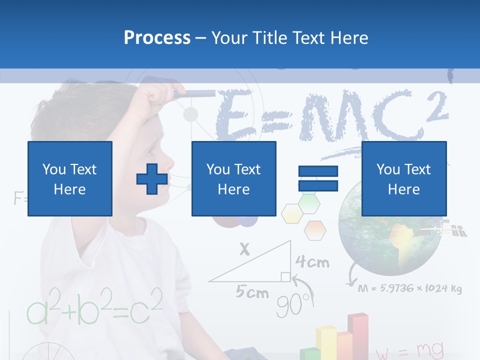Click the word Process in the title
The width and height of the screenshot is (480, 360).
point(157,37)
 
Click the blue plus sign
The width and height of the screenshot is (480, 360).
point(152,179)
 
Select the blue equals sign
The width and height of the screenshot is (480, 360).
point(318,178)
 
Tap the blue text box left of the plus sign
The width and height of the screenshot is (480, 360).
point(69,178)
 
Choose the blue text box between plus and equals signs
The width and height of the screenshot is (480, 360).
point(233,178)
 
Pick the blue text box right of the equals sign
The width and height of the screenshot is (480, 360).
point(403,178)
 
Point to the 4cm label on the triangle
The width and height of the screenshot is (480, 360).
point(312,261)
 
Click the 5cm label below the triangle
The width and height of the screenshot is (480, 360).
point(252,292)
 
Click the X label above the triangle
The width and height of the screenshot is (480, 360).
point(244,249)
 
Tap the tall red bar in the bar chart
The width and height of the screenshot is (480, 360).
point(357,335)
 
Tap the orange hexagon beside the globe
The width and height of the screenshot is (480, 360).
point(315,230)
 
